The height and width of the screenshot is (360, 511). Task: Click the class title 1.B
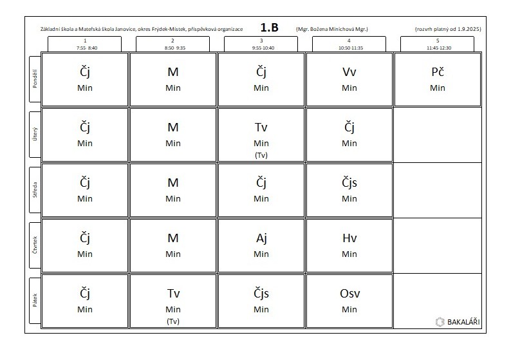tap(270, 28)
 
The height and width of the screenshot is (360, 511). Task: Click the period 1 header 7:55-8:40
tap(85, 44)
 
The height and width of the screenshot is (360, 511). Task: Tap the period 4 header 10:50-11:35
tap(349, 44)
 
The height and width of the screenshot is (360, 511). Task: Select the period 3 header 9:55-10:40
tap(261, 44)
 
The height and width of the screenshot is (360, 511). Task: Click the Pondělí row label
tap(36, 79)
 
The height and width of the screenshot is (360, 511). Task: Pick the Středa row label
tap(36, 190)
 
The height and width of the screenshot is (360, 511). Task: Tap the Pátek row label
tap(36, 301)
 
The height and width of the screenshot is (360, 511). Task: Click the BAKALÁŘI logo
tap(458, 321)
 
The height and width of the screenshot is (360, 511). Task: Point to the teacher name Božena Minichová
tap(331, 29)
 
